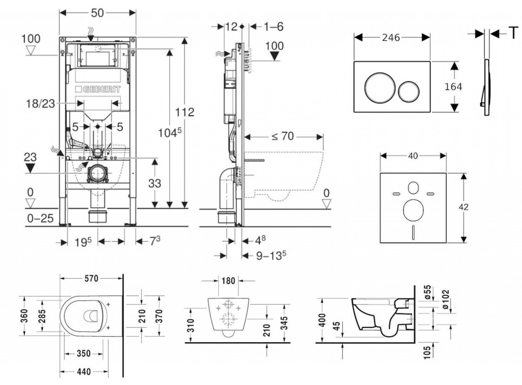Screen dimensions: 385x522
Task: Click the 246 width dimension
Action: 391,37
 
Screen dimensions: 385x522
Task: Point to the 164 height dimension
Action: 453,87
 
